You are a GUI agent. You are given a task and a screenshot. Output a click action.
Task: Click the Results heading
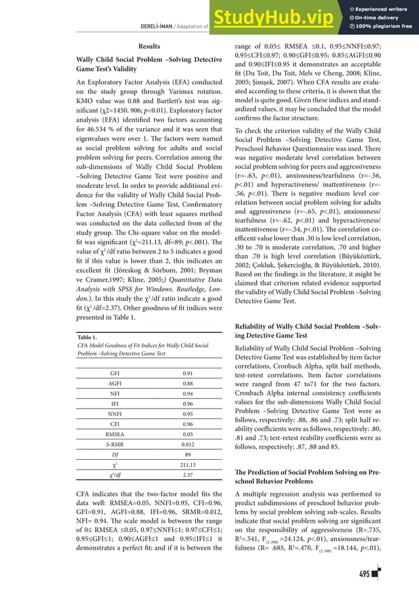pyautogui.click(x=148, y=46)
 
